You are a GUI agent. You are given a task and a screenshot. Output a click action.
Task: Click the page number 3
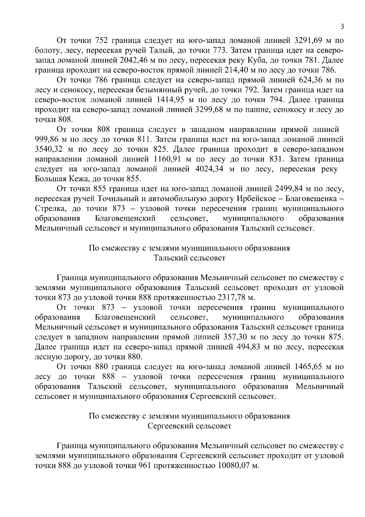(x=342, y=27)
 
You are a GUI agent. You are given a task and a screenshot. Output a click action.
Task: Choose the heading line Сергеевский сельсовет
(x=189, y=426)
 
